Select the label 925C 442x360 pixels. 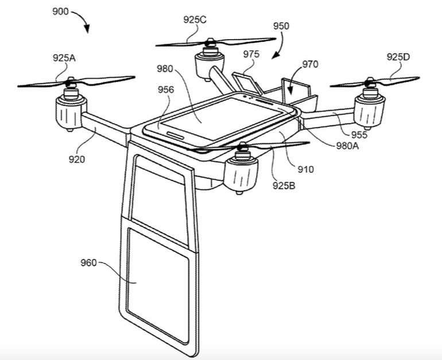tap(195, 19)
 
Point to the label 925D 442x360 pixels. tap(398, 57)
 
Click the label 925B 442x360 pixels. tap(284, 185)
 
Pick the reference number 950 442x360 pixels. tap(281, 26)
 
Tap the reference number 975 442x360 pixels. tap(251, 54)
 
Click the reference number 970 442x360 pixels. tap(310, 64)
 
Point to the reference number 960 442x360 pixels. tap(89, 264)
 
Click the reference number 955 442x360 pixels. tap(359, 136)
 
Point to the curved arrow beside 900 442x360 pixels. tap(84, 22)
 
